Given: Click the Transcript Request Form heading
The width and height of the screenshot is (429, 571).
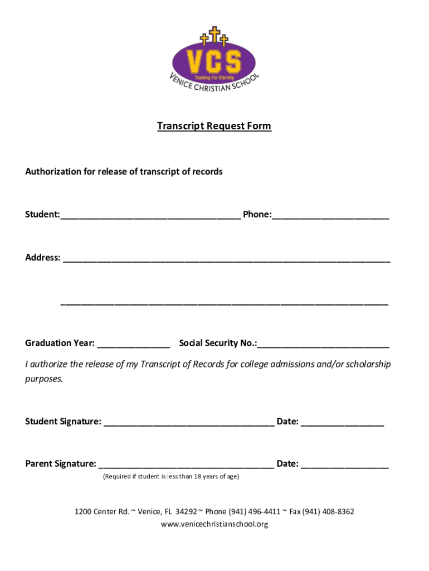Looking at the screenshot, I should tap(214, 126).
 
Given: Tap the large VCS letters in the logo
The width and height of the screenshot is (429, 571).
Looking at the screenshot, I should tap(214, 61).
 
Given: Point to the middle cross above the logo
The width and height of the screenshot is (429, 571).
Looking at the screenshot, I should tap(214, 34).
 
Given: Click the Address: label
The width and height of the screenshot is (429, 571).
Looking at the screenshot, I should tap(42, 258).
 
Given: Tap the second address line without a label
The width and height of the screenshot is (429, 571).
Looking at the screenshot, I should tap(224, 304).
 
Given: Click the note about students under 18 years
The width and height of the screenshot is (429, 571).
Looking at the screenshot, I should tap(171, 477).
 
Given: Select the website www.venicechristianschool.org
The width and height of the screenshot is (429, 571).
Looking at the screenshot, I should tap(214, 524).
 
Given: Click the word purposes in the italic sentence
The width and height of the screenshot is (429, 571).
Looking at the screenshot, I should tap(44, 379).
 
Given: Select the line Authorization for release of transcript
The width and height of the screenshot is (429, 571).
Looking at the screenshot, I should tap(124, 172).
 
